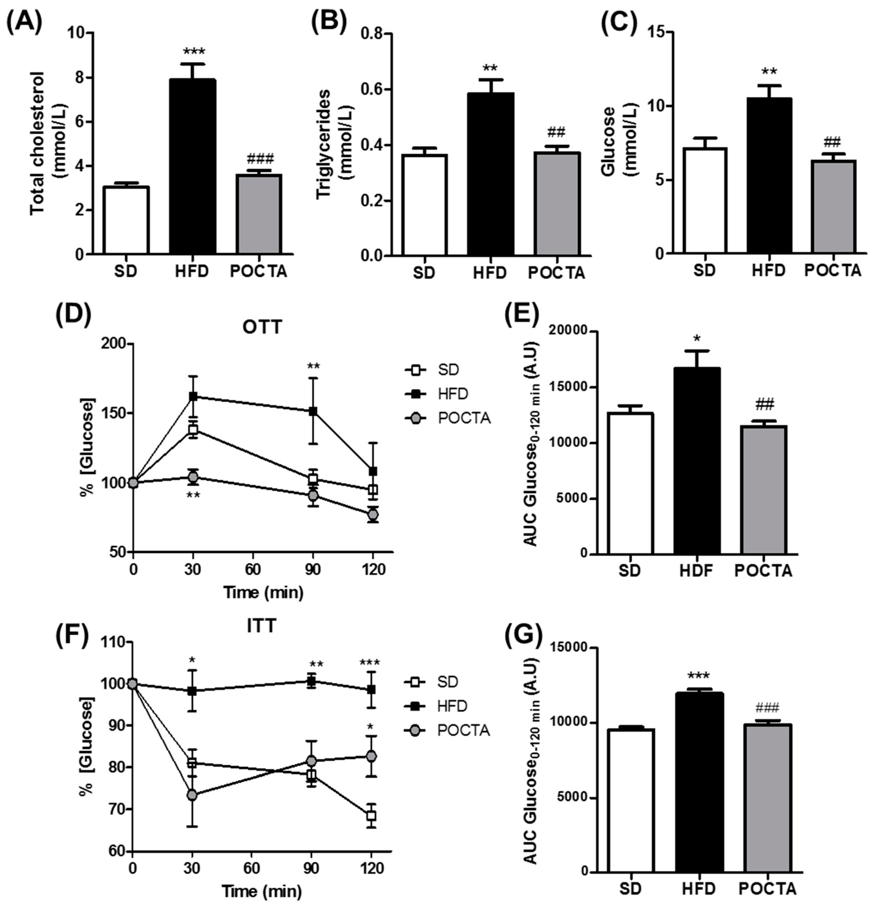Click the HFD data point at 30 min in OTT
(x=193, y=396)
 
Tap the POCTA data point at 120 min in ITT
(x=371, y=756)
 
